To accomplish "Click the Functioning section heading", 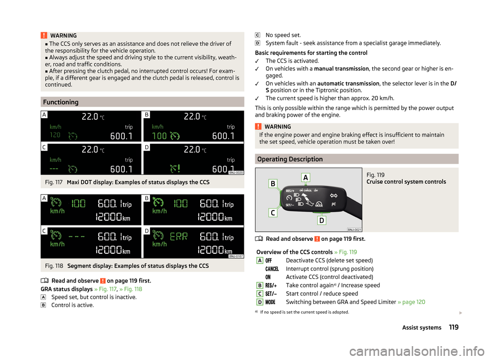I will (x=61, y=102).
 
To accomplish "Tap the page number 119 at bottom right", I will (x=452, y=328).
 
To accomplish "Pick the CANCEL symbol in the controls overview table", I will (x=272, y=269).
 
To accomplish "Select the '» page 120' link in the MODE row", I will (x=411, y=302).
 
